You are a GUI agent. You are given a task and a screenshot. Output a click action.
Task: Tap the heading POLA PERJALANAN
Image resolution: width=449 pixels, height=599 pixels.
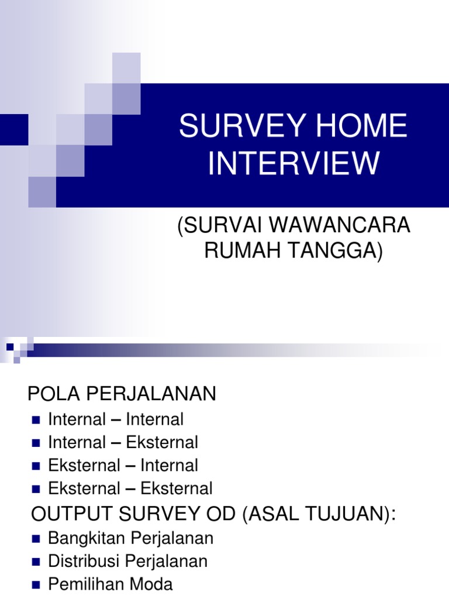tap(122, 394)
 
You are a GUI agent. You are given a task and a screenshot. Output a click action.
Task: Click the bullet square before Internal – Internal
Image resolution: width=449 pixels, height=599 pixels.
tap(36, 420)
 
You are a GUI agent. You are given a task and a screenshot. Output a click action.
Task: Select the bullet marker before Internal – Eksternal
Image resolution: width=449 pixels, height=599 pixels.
tap(36, 443)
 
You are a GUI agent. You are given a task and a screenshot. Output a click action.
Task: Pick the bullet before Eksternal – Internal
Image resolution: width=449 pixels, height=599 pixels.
tap(36, 466)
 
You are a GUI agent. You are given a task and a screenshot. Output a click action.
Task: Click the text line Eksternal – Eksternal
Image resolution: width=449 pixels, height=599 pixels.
tap(130, 488)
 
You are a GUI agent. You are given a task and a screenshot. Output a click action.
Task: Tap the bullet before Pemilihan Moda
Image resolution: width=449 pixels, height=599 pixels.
tap(36, 585)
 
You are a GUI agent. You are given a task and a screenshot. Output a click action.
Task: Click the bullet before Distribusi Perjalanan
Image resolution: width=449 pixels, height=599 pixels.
tap(36, 562)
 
